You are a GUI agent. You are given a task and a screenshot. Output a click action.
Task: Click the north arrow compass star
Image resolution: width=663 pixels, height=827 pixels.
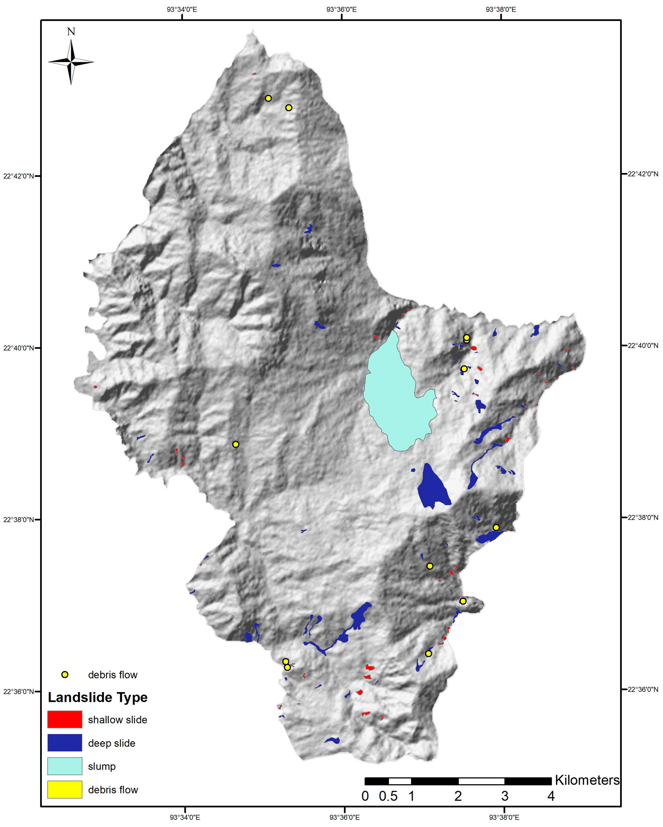click(71, 61)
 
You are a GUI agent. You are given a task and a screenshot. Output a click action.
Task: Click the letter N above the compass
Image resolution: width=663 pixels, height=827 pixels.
click(71, 31)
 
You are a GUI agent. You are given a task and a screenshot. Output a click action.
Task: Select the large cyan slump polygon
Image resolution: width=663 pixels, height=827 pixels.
click(397, 399)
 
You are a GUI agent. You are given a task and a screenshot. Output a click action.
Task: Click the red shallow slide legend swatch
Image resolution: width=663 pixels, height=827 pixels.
click(65, 719)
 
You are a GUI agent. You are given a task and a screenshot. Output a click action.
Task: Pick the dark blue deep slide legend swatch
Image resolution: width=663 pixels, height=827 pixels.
click(65, 743)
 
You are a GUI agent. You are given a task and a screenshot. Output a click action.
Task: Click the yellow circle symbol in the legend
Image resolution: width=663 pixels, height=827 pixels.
click(65, 675)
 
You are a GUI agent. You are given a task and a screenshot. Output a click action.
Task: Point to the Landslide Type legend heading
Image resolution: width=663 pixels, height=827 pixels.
click(97, 697)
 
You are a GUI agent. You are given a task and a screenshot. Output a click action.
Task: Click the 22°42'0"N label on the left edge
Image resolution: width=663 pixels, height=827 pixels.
click(18, 176)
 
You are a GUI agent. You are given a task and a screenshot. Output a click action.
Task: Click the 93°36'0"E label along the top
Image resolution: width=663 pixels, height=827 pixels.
click(341, 10)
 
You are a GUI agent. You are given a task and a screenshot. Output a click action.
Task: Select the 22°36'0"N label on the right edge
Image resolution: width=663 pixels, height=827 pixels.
click(643, 689)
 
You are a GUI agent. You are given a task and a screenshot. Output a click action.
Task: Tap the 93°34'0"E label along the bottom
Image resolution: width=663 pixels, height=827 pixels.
click(185, 817)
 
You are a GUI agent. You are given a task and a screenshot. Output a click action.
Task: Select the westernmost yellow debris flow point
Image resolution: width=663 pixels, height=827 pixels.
click(236, 444)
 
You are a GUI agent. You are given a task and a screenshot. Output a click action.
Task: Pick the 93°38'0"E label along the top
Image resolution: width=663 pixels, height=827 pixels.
click(501, 10)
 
